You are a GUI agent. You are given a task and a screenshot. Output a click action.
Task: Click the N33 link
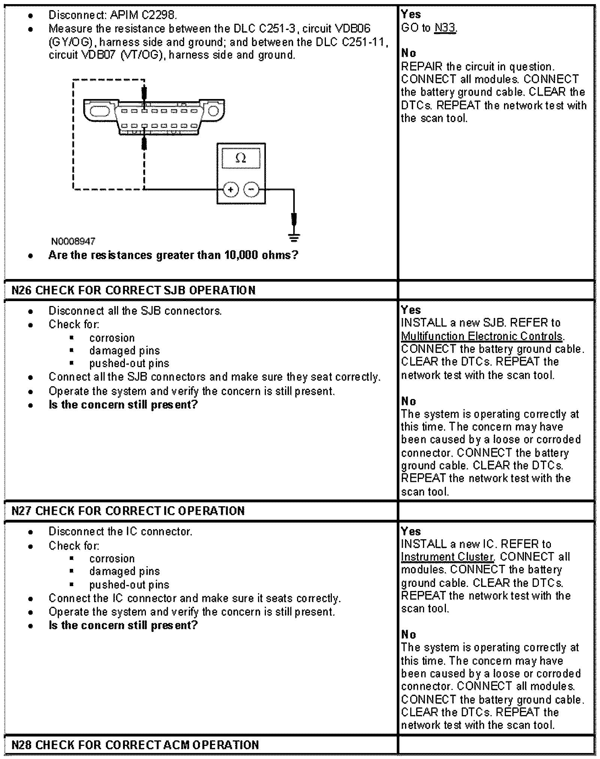pyautogui.click(x=445, y=28)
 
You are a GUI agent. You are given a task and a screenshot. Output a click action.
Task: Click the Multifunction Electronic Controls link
pyautogui.click(x=482, y=336)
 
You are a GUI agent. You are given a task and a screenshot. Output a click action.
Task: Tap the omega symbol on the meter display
pyautogui.click(x=240, y=159)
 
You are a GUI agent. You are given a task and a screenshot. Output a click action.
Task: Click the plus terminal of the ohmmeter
pyautogui.click(x=231, y=190)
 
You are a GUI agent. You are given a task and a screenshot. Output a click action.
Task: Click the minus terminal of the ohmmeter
pyautogui.click(x=251, y=190)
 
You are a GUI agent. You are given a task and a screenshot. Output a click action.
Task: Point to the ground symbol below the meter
pyautogui.click(x=294, y=237)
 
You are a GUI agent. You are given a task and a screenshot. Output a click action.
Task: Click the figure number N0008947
pyautogui.click(x=73, y=241)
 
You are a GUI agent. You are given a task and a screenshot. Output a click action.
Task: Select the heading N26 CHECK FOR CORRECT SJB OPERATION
pyautogui.click(x=133, y=290)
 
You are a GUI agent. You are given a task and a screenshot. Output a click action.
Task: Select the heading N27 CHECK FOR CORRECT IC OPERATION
pyautogui.click(x=128, y=511)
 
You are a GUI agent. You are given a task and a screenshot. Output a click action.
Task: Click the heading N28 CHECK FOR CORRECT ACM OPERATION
pyautogui.click(x=135, y=744)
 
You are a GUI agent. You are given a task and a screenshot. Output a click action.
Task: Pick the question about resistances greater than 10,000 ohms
pyautogui.click(x=173, y=255)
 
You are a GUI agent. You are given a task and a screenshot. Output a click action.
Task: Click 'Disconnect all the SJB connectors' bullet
pyautogui.click(x=135, y=311)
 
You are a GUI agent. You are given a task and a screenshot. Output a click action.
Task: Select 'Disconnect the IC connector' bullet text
pyautogui.click(x=120, y=532)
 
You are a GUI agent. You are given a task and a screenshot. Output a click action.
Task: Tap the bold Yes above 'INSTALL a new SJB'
pyautogui.click(x=411, y=310)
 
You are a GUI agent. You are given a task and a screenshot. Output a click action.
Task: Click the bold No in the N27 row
pyautogui.click(x=408, y=634)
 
